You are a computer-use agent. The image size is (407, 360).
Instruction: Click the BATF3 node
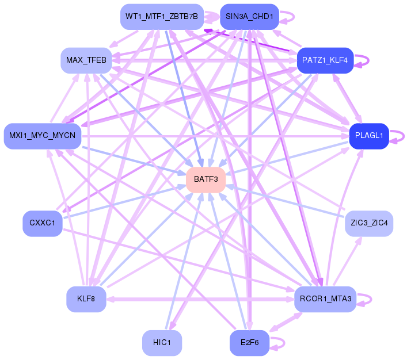click(x=206, y=180)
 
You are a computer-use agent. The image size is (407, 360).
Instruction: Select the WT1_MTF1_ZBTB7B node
click(x=162, y=17)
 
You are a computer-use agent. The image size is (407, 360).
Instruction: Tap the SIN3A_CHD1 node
click(x=249, y=17)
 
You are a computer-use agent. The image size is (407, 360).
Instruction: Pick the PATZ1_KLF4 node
click(x=325, y=60)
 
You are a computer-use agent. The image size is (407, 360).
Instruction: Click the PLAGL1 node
click(x=369, y=136)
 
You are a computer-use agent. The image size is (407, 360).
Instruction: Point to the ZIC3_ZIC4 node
click(x=369, y=223)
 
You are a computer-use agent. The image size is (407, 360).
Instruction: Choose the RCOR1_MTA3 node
click(x=325, y=299)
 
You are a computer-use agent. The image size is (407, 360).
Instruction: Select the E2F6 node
click(x=249, y=343)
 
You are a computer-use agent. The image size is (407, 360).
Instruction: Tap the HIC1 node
click(x=162, y=343)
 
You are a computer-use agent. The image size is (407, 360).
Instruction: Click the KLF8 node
click(x=86, y=299)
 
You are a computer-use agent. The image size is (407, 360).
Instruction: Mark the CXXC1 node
click(x=43, y=223)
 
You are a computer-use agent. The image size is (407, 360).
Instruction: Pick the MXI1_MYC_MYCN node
click(x=43, y=136)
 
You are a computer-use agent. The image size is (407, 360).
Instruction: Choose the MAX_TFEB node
click(x=86, y=60)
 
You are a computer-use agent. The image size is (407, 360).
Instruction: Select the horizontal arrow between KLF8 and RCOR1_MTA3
click(x=200, y=299)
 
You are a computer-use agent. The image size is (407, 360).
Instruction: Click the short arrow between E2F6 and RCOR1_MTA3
click(x=286, y=322)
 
